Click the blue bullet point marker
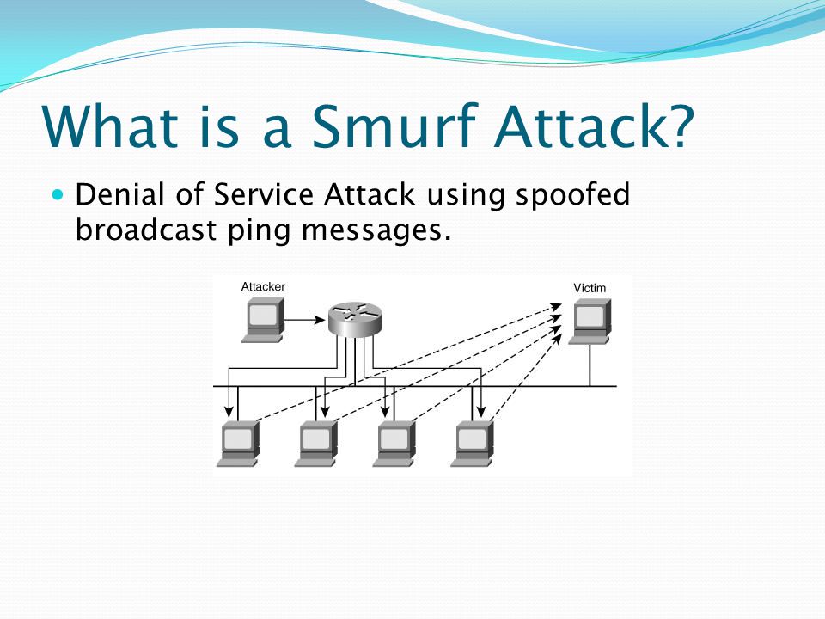[58, 195]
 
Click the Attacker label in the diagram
[263, 286]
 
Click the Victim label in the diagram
[590, 288]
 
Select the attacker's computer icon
[263, 319]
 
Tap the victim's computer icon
[590, 320]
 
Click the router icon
[353, 319]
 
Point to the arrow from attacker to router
[304, 320]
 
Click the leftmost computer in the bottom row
[239, 443]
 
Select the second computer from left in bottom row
[317, 443]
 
